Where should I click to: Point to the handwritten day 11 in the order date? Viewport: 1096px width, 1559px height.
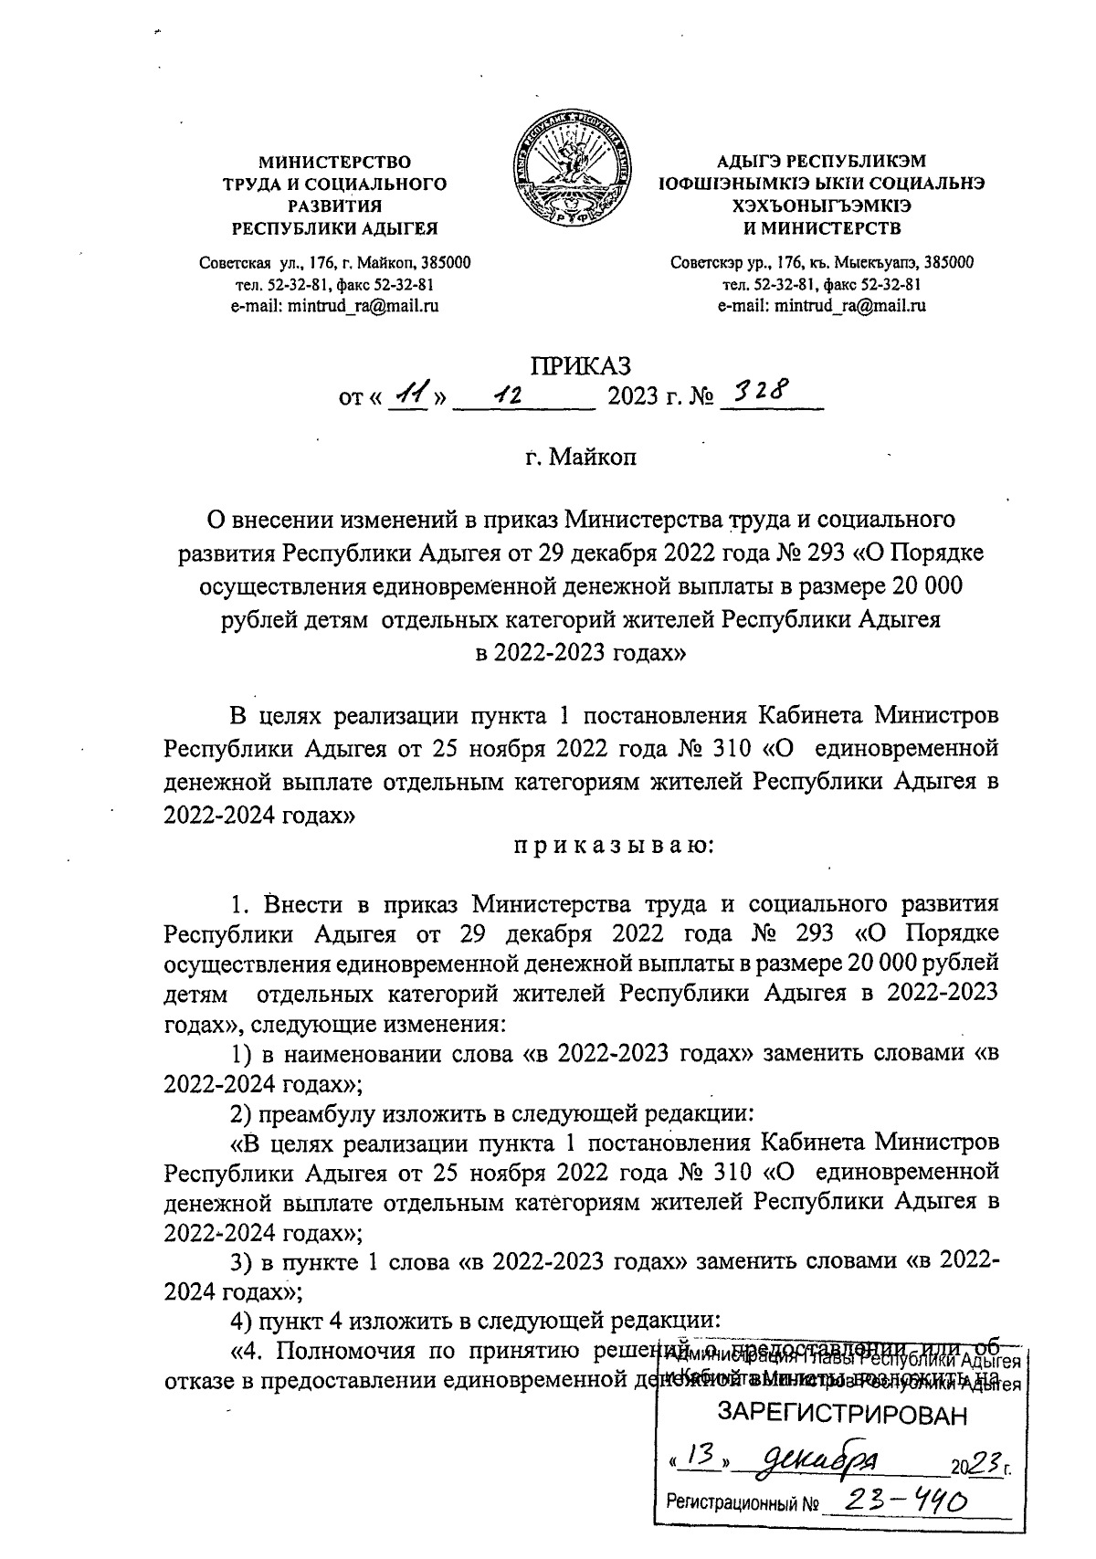point(408,396)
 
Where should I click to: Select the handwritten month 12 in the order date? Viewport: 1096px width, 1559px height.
point(507,397)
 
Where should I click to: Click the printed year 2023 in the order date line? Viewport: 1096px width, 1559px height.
point(636,398)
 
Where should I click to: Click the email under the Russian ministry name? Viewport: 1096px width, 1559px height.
point(335,306)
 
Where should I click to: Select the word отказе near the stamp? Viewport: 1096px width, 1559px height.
point(202,1380)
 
